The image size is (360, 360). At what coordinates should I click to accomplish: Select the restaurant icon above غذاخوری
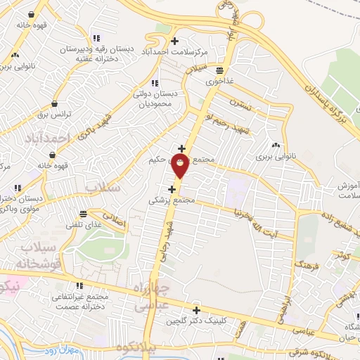(220, 70)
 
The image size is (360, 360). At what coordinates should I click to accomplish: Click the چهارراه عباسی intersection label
(153, 296)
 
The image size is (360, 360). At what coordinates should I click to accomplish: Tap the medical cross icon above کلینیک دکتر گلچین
(196, 310)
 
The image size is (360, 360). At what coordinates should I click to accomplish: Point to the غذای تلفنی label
(84, 224)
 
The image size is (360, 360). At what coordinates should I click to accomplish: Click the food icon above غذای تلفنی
(83, 213)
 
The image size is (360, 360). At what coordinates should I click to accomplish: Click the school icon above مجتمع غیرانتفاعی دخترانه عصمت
(79, 285)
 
